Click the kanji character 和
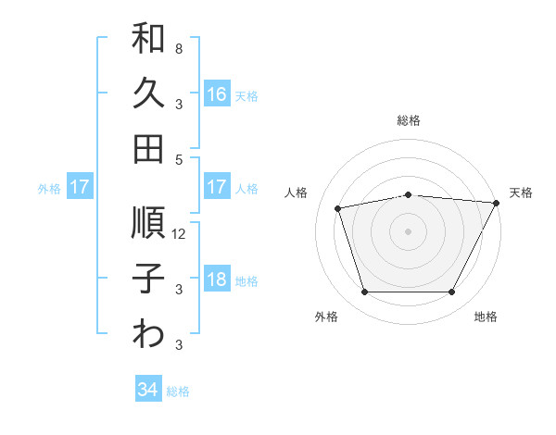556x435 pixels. tap(148, 40)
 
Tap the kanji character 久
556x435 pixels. tap(148, 93)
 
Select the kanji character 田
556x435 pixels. tap(148, 148)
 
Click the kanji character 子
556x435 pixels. tap(148, 279)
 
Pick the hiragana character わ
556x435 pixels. tap(148, 334)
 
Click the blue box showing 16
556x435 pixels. tap(216, 94)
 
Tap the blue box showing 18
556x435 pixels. tap(216, 280)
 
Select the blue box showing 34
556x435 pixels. tap(148, 390)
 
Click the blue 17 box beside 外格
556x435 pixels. tap(80, 187)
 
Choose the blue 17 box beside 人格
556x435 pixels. tap(216, 187)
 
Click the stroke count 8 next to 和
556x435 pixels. tap(179, 48)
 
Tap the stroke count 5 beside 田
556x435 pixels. tap(179, 158)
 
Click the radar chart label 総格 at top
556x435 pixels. tap(409, 120)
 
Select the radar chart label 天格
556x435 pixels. tap(521, 193)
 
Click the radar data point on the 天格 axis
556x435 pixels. tap(497, 203)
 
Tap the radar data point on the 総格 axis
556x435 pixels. tap(409, 194)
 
